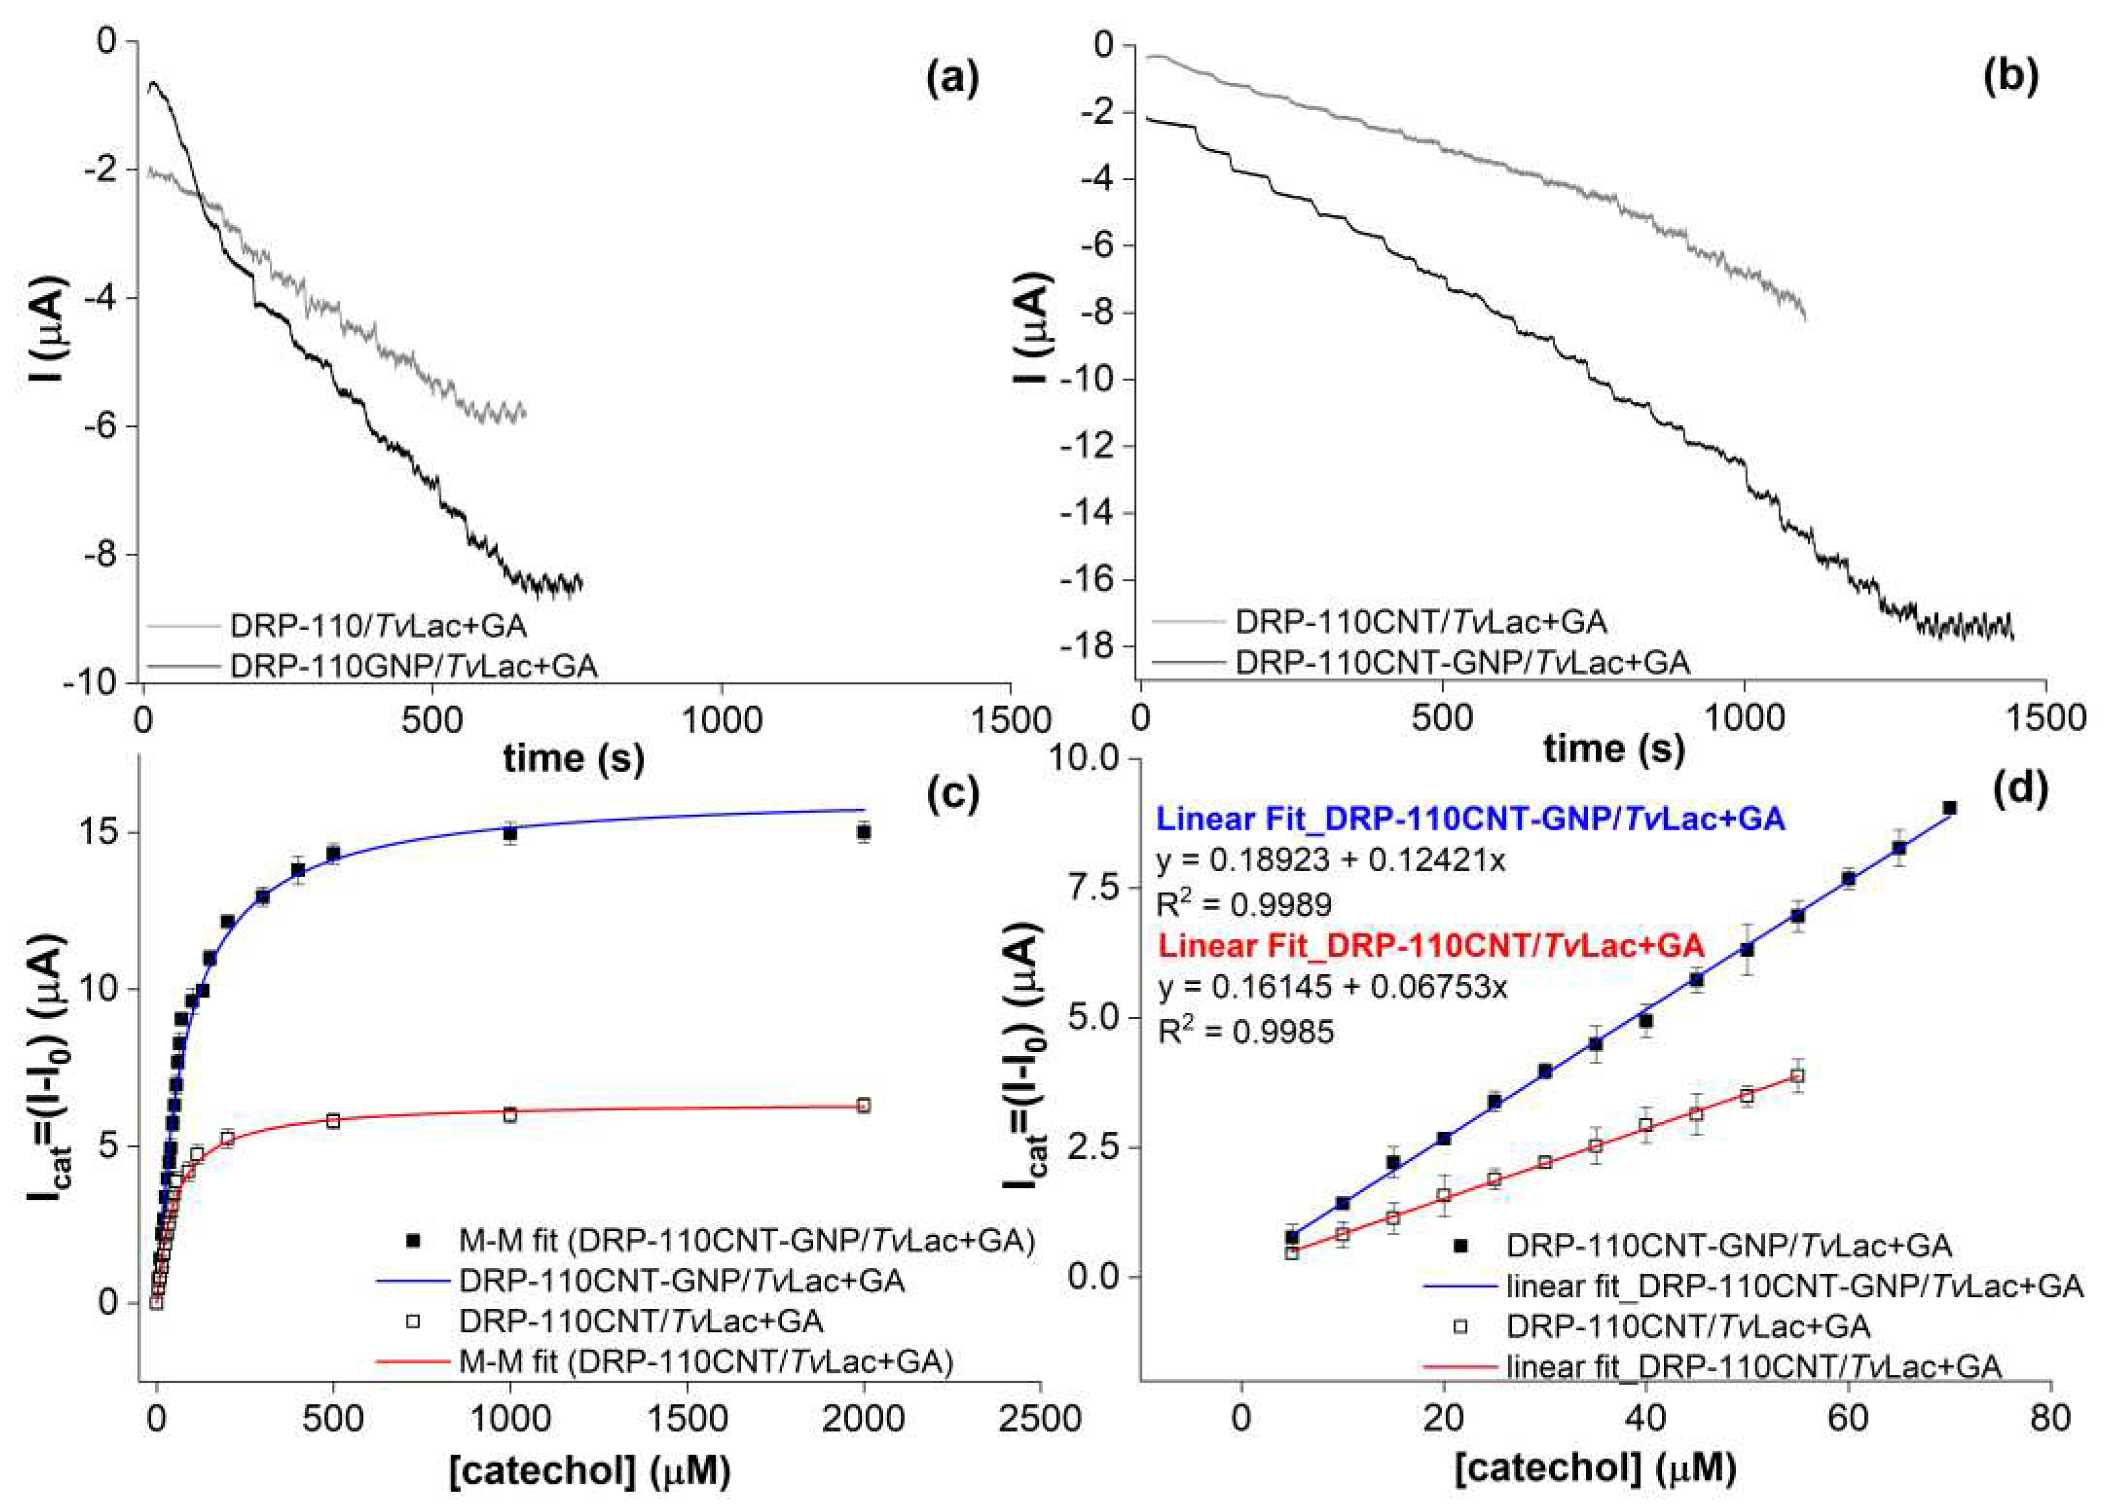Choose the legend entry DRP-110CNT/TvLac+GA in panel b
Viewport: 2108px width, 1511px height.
[x=1420, y=622]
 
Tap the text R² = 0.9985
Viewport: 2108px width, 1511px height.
[x=1246, y=1031]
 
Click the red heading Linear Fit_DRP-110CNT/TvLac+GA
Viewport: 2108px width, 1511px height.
[x=1431, y=946]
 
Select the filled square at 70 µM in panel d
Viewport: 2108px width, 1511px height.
[x=1949, y=808]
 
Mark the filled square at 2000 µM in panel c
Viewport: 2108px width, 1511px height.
[x=864, y=832]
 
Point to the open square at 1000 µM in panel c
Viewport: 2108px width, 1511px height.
[x=510, y=1114]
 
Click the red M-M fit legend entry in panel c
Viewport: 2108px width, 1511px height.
[x=706, y=1363]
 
